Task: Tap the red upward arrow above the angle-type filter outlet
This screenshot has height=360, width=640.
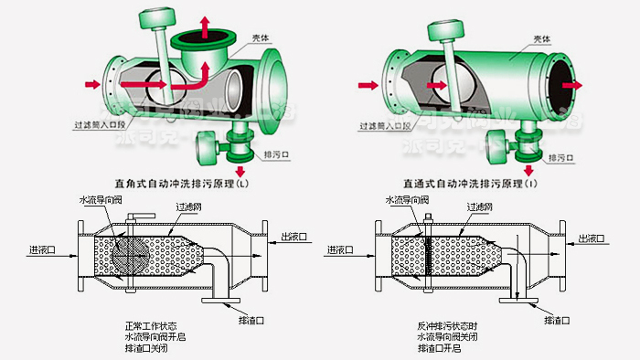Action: pyautogui.click(x=203, y=23)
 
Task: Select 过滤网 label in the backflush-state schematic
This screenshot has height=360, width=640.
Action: pyautogui.click(x=476, y=207)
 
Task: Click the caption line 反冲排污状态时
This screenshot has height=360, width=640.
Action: pyautogui.click(x=448, y=325)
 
